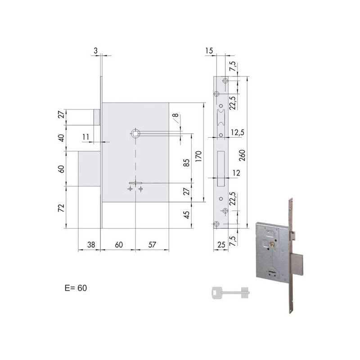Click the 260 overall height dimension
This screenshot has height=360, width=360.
[x=242, y=155]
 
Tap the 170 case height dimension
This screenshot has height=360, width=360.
[x=198, y=156]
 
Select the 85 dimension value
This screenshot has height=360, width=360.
[x=187, y=162]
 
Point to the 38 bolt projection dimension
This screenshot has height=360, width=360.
[x=91, y=245]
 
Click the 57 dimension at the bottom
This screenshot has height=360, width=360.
[x=152, y=245]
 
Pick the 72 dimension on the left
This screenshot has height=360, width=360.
[x=61, y=208]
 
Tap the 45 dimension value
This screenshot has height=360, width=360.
[x=187, y=215]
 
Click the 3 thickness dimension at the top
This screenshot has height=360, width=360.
[x=96, y=50]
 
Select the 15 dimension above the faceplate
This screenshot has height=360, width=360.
[x=209, y=50]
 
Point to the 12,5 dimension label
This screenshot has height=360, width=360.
[x=238, y=132]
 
